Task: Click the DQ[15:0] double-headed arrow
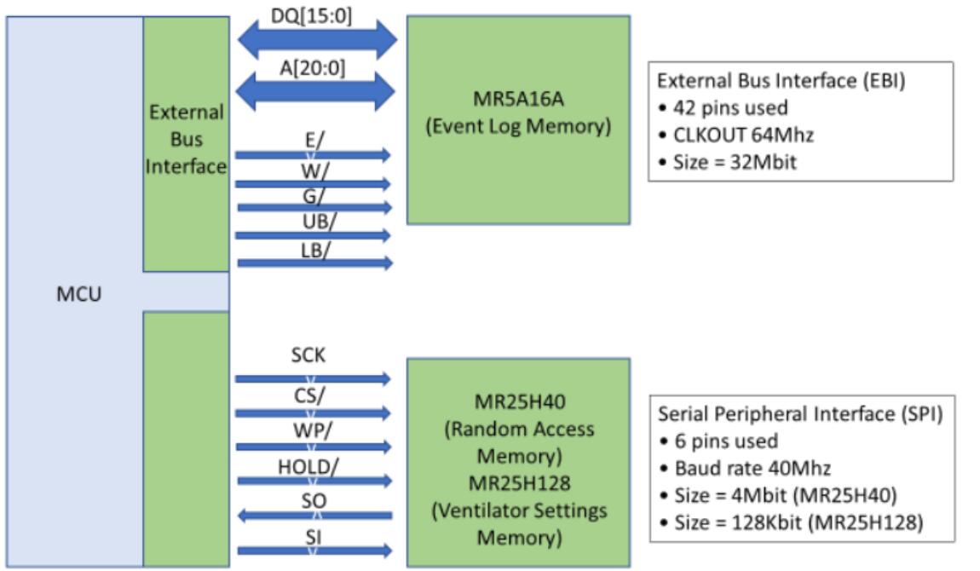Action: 317,38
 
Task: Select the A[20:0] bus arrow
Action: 317,91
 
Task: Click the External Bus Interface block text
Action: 186,139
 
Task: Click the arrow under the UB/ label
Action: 314,236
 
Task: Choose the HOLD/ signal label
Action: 308,466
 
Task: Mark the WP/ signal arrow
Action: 314,447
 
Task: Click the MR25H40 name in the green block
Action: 518,401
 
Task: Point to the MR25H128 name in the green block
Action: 518,482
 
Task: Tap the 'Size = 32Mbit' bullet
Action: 731,161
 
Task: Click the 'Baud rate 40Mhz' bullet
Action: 744,468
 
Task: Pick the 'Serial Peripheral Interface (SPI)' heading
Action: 800,413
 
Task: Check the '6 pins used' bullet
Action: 723,441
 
